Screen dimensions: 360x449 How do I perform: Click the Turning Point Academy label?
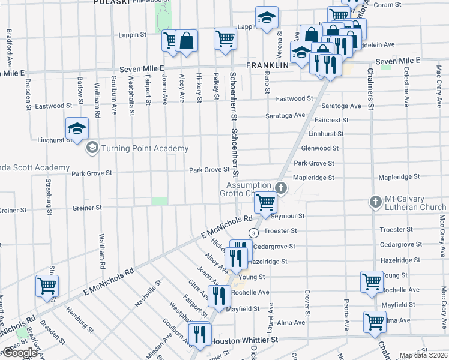(145, 148)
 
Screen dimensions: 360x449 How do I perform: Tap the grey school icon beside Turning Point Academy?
(92, 148)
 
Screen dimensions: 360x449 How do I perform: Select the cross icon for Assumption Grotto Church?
(280, 188)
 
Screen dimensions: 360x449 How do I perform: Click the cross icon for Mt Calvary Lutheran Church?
(375, 202)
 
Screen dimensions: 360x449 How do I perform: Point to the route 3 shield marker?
(254, 232)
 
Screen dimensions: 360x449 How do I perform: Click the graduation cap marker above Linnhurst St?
(77, 128)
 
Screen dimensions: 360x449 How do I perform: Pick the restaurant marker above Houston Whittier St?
(199, 333)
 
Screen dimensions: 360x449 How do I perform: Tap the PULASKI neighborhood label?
(112, 2)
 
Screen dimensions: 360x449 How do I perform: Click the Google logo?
(20, 353)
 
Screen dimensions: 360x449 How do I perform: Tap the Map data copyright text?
(424, 355)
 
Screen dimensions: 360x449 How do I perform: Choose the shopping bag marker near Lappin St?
(187, 41)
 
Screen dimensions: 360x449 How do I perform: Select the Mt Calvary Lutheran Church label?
(416, 203)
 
